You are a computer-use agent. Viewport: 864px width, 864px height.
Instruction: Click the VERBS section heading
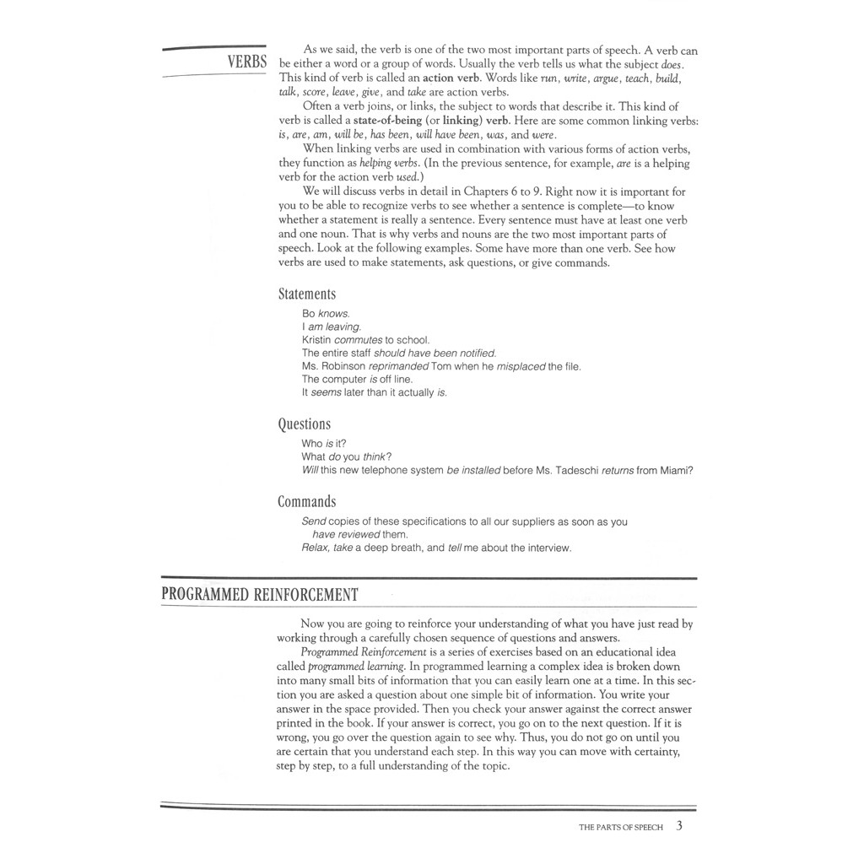click(x=246, y=62)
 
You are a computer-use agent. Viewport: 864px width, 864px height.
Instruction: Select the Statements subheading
click(x=307, y=294)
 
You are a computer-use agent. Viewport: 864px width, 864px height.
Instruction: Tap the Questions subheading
click(x=305, y=424)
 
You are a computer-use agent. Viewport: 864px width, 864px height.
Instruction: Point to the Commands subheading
click(x=307, y=502)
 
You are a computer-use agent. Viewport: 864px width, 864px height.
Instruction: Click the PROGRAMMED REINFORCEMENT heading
click(x=260, y=595)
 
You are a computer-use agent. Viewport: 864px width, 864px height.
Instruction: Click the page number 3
click(x=679, y=826)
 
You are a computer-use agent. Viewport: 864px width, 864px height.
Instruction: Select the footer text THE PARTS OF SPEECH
click(x=621, y=828)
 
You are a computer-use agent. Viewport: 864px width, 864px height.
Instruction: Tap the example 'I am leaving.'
click(x=332, y=327)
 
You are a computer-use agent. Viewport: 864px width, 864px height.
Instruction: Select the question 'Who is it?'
click(x=324, y=444)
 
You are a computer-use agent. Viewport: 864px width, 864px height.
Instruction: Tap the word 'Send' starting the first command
click(x=314, y=521)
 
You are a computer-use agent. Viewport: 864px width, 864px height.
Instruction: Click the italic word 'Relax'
click(x=315, y=548)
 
